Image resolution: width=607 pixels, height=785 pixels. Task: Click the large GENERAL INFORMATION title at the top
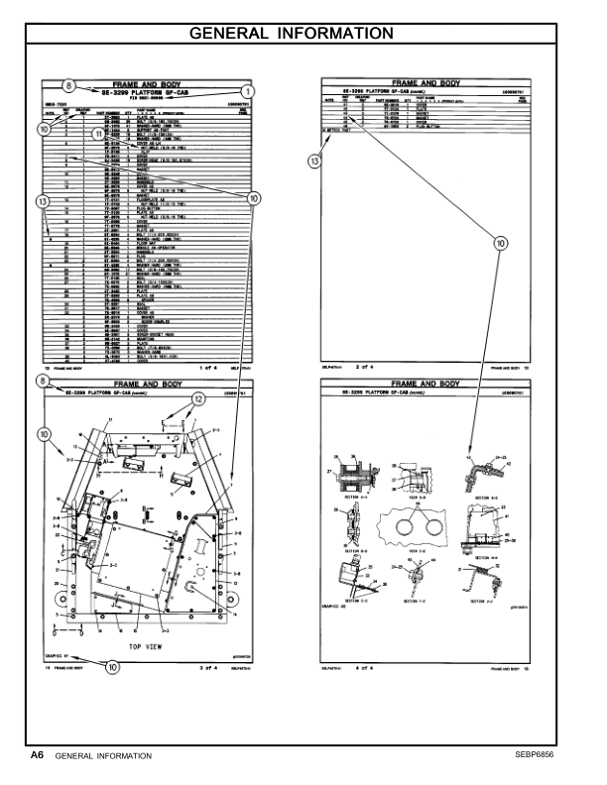point(304,34)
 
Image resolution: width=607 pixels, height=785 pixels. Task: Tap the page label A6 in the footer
point(37,754)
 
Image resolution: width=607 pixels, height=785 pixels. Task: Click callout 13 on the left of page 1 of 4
point(42,202)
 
